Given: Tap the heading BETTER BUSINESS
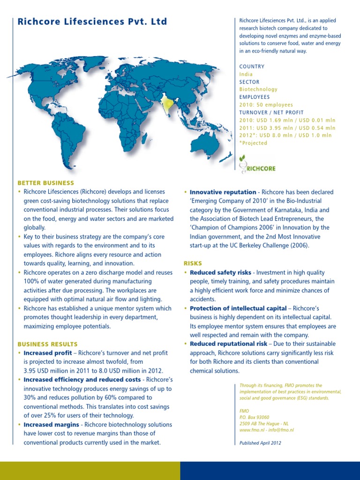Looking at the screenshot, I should click(x=46, y=183).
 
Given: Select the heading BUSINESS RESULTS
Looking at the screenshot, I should click(x=48, y=344).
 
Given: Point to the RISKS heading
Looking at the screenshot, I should click(x=193, y=263).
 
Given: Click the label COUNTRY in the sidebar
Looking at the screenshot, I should click(x=252, y=67).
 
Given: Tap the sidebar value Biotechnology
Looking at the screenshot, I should click(x=258, y=89).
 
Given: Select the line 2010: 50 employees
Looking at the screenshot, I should click(x=266, y=105).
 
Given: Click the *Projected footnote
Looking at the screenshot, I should click(x=253, y=143).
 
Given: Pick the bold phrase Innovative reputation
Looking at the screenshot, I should click(x=223, y=192).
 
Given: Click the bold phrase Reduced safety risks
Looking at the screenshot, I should click(x=220, y=272).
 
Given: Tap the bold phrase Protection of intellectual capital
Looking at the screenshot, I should click(x=238, y=308).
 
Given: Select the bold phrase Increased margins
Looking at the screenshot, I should click(x=51, y=425).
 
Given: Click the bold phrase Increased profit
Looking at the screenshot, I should click(x=48, y=353).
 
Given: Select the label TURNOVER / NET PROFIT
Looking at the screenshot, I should click(x=271, y=112).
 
